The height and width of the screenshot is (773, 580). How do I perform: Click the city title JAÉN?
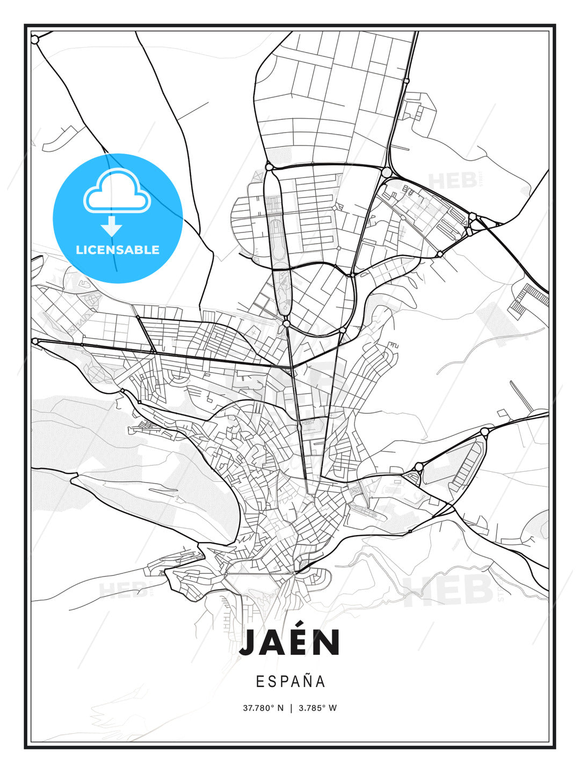click(290, 643)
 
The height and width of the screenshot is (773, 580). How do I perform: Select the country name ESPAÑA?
click(290, 682)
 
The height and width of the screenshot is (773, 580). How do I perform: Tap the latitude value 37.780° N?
click(263, 708)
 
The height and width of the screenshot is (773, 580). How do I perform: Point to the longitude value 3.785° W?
click(317, 708)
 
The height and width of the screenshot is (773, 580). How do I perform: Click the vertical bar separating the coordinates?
click(291, 708)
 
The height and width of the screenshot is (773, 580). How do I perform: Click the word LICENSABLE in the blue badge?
click(118, 250)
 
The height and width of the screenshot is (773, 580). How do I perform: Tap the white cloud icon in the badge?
click(117, 191)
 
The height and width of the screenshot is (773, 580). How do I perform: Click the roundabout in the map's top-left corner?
click(35, 40)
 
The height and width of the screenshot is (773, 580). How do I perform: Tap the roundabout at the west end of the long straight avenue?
click(35, 341)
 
